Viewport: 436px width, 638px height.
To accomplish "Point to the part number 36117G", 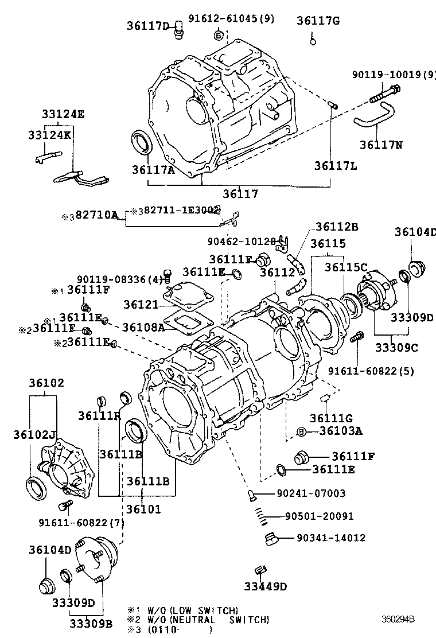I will [x=318, y=21].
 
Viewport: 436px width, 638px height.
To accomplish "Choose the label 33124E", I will [x=63, y=114].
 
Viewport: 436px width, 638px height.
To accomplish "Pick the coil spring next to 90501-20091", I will [x=262, y=516].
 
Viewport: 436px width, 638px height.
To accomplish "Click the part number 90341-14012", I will [x=331, y=538].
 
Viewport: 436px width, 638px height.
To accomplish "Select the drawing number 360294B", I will [x=398, y=620].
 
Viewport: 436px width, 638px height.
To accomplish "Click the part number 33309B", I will [x=91, y=623].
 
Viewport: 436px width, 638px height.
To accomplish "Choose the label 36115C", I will [x=345, y=267].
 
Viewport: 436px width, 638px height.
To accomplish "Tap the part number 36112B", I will [x=337, y=227].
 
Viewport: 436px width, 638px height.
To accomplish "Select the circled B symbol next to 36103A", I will [x=301, y=431].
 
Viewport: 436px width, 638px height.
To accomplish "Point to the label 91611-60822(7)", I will [x=81, y=523].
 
